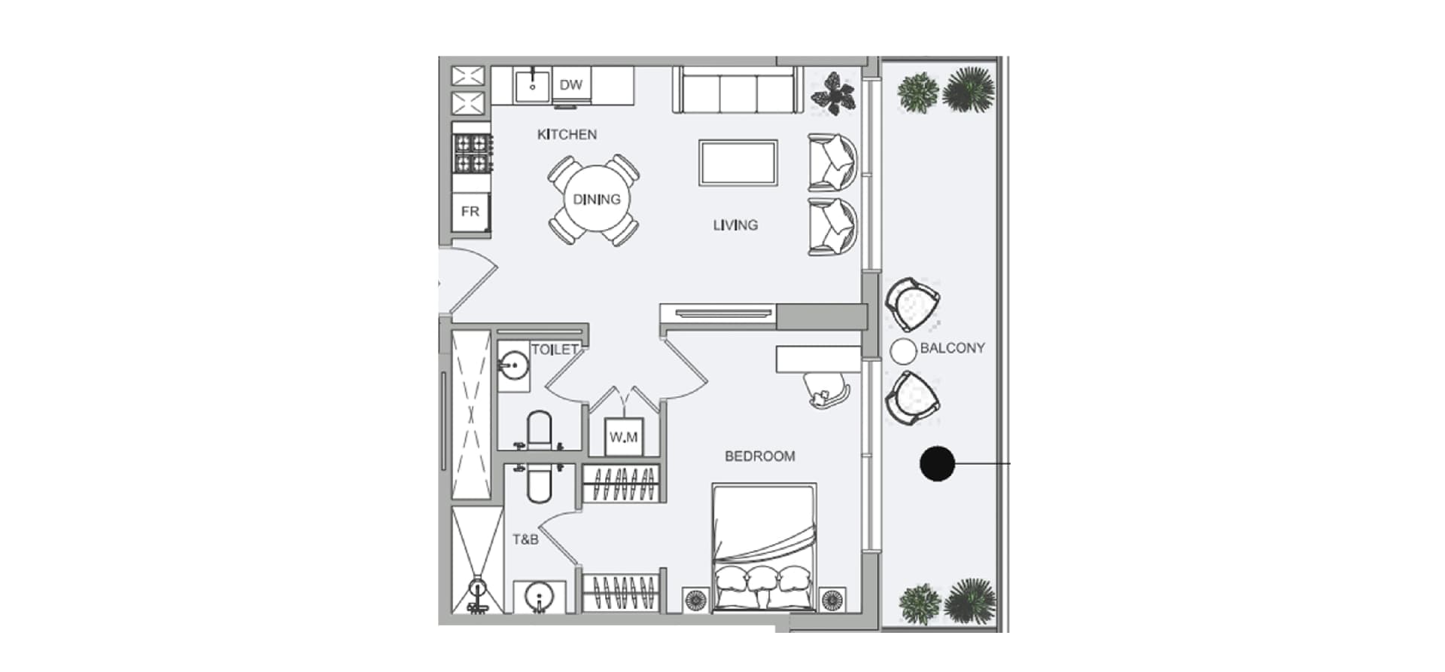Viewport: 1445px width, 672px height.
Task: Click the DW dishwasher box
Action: coord(571,85)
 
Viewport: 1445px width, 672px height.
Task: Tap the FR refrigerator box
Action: coord(470,212)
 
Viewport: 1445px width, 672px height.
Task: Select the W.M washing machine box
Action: coord(624,437)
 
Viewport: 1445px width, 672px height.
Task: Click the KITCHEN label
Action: coord(567,135)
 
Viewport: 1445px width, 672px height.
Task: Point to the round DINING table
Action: coord(596,200)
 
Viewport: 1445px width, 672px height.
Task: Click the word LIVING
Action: coord(735,225)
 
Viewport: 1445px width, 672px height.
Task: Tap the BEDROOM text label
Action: coord(759,457)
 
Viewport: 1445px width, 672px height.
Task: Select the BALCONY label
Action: coord(952,348)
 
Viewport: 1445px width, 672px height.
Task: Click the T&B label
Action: coord(525,540)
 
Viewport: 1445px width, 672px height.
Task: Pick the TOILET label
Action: coord(555,350)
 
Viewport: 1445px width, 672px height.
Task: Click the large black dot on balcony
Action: coord(937,463)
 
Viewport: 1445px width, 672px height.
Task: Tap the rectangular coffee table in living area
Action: coord(738,163)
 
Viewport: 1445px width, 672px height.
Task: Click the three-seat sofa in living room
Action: coord(738,91)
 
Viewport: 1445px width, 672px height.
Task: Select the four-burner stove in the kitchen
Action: coord(472,153)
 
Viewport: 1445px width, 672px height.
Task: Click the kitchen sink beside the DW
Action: coord(532,86)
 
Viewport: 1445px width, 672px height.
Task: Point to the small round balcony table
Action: coord(902,351)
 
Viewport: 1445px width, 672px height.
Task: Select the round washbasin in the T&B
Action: coord(539,597)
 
